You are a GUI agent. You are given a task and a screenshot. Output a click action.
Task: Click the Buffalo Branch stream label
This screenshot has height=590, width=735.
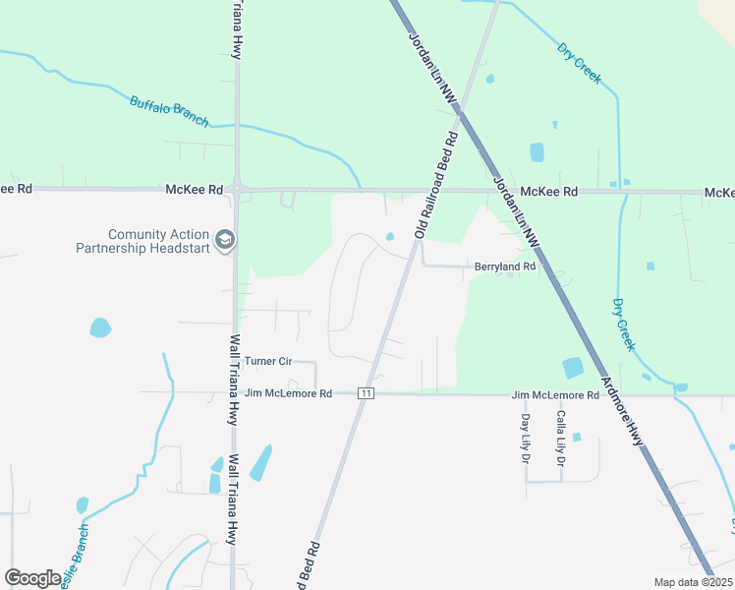(x=170, y=109)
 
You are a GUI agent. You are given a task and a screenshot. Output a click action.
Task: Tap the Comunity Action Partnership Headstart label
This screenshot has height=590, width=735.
(x=144, y=241)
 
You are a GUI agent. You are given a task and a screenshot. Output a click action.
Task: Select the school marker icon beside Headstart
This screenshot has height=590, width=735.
(x=225, y=241)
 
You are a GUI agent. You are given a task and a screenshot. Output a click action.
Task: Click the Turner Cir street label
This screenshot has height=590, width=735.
(x=268, y=362)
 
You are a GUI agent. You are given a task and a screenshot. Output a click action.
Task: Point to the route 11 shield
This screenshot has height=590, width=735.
(x=366, y=393)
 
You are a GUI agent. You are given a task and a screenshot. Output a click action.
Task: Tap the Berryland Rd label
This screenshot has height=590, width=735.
(x=505, y=266)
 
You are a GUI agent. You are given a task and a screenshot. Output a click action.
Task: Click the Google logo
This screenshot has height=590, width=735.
(x=32, y=578)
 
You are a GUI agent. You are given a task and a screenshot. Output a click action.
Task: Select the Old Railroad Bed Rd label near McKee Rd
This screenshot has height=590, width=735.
(x=437, y=187)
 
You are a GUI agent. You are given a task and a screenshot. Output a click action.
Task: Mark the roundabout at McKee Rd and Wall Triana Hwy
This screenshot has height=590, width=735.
(x=237, y=189)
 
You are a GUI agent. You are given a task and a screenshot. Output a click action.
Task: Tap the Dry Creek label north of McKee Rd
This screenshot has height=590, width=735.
(x=579, y=62)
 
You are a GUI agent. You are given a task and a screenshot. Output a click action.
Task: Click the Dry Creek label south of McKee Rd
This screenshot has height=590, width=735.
(x=624, y=325)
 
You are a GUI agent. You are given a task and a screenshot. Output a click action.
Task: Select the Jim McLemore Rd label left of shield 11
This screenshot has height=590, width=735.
(x=288, y=393)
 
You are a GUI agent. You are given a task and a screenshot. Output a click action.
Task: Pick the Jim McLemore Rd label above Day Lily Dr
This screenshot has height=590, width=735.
(x=555, y=395)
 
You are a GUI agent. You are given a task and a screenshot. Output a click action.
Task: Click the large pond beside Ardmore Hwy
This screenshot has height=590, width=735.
(x=572, y=368)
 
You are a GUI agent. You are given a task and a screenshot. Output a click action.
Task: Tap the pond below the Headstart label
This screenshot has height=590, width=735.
(x=99, y=327)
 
